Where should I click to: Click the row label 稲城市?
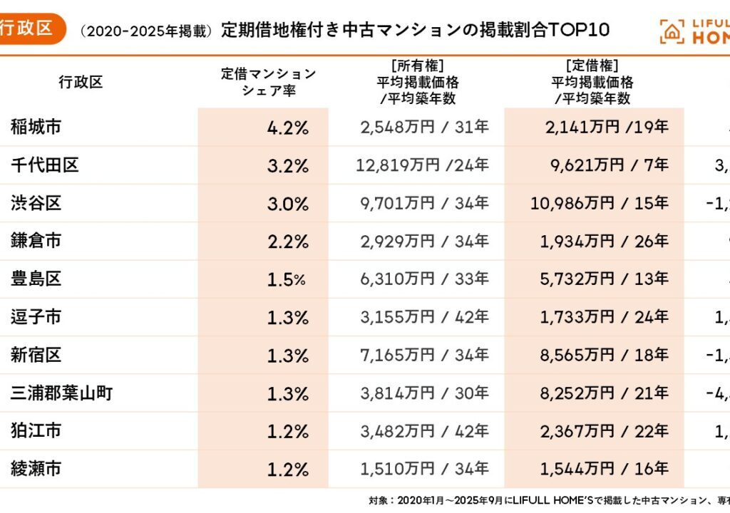[36, 128]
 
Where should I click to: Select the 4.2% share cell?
[287, 128]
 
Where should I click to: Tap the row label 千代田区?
[44, 165]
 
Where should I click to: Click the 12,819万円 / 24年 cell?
[423, 165]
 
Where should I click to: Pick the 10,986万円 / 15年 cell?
[600, 203]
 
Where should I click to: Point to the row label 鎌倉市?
[36, 241]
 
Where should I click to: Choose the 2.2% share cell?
[287, 242]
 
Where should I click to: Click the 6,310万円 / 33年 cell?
[425, 279]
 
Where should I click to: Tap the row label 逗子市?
[36, 317]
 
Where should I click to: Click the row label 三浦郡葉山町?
[61, 393]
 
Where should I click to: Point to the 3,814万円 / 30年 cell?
[425, 393]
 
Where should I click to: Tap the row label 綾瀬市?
[36, 468]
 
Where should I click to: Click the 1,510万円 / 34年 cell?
[425, 468]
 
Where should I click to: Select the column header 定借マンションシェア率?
[268, 82]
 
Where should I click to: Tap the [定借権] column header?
[592, 82]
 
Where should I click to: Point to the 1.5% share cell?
[286, 279]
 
